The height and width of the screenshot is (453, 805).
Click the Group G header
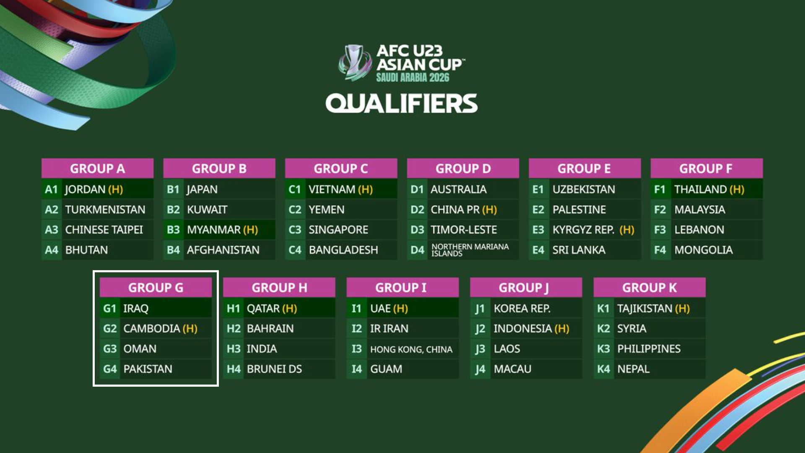point(156,287)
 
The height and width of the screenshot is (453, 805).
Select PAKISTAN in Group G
point(148,369)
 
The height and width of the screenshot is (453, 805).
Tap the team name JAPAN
point(202,190)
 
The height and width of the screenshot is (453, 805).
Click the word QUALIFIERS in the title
point(402,104)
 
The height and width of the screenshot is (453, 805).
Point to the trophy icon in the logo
point(355,62)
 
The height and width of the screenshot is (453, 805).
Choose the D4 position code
point(417,250)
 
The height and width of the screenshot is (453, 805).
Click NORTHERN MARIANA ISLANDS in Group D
point(470,250)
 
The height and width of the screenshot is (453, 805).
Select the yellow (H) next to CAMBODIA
point(190,328)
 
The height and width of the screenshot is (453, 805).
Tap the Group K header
point(649,287)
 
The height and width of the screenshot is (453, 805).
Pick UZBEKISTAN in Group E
point(584,190)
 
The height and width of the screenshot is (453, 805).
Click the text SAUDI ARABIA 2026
point(413,77)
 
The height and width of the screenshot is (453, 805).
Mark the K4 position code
point(603,369)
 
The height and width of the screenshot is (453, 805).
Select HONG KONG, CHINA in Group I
point(411,349)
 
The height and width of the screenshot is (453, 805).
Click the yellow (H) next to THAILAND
point(737,190)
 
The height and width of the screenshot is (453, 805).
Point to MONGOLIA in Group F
point(704,250)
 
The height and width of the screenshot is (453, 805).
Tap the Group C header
point(341,168)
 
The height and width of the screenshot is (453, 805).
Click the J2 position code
point(480,329)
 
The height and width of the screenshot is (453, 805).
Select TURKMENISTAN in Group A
point(105,210)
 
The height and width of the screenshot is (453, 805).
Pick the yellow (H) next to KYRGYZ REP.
point(627,230)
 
